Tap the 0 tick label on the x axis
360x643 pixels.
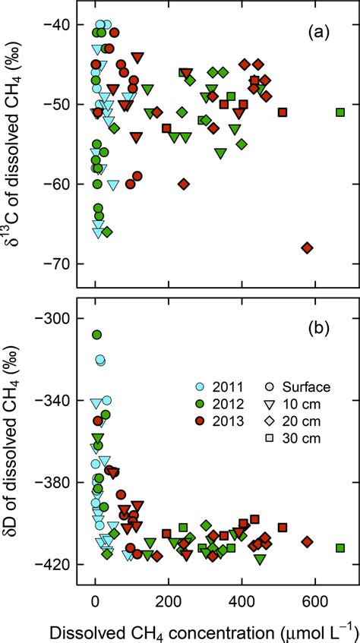click(x=95, y=601)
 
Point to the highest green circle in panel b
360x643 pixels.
click(x=96, y=335)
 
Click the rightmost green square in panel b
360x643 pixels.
click(x=340, y=548)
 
